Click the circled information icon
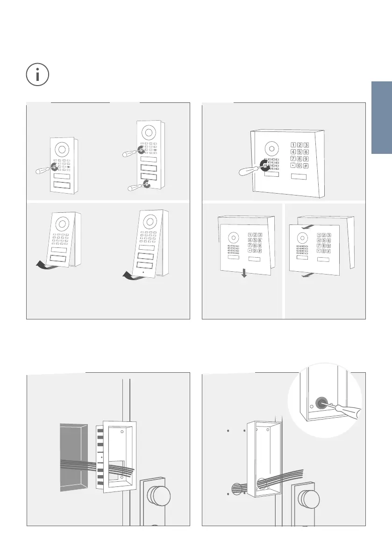point(37,75)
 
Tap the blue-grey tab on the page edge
point(382,117)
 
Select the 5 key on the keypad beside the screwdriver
point(299,152)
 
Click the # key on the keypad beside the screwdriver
point(306,166)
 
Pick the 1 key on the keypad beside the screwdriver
point(293,145)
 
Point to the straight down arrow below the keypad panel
point(244,273)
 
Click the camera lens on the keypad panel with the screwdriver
point(271,148)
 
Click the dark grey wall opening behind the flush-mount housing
point(73,457)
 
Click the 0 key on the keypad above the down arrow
point(254,251)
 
